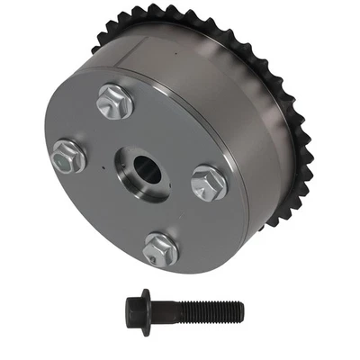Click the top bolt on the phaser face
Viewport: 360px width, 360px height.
coord(115,101)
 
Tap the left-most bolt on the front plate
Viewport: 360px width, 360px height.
coord(69,156)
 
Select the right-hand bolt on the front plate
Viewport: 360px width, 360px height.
coord(209,182)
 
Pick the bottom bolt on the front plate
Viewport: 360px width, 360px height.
coord(161,247)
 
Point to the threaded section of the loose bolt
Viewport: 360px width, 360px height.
coord(211,311)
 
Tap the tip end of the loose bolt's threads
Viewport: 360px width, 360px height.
coord(241,311)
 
